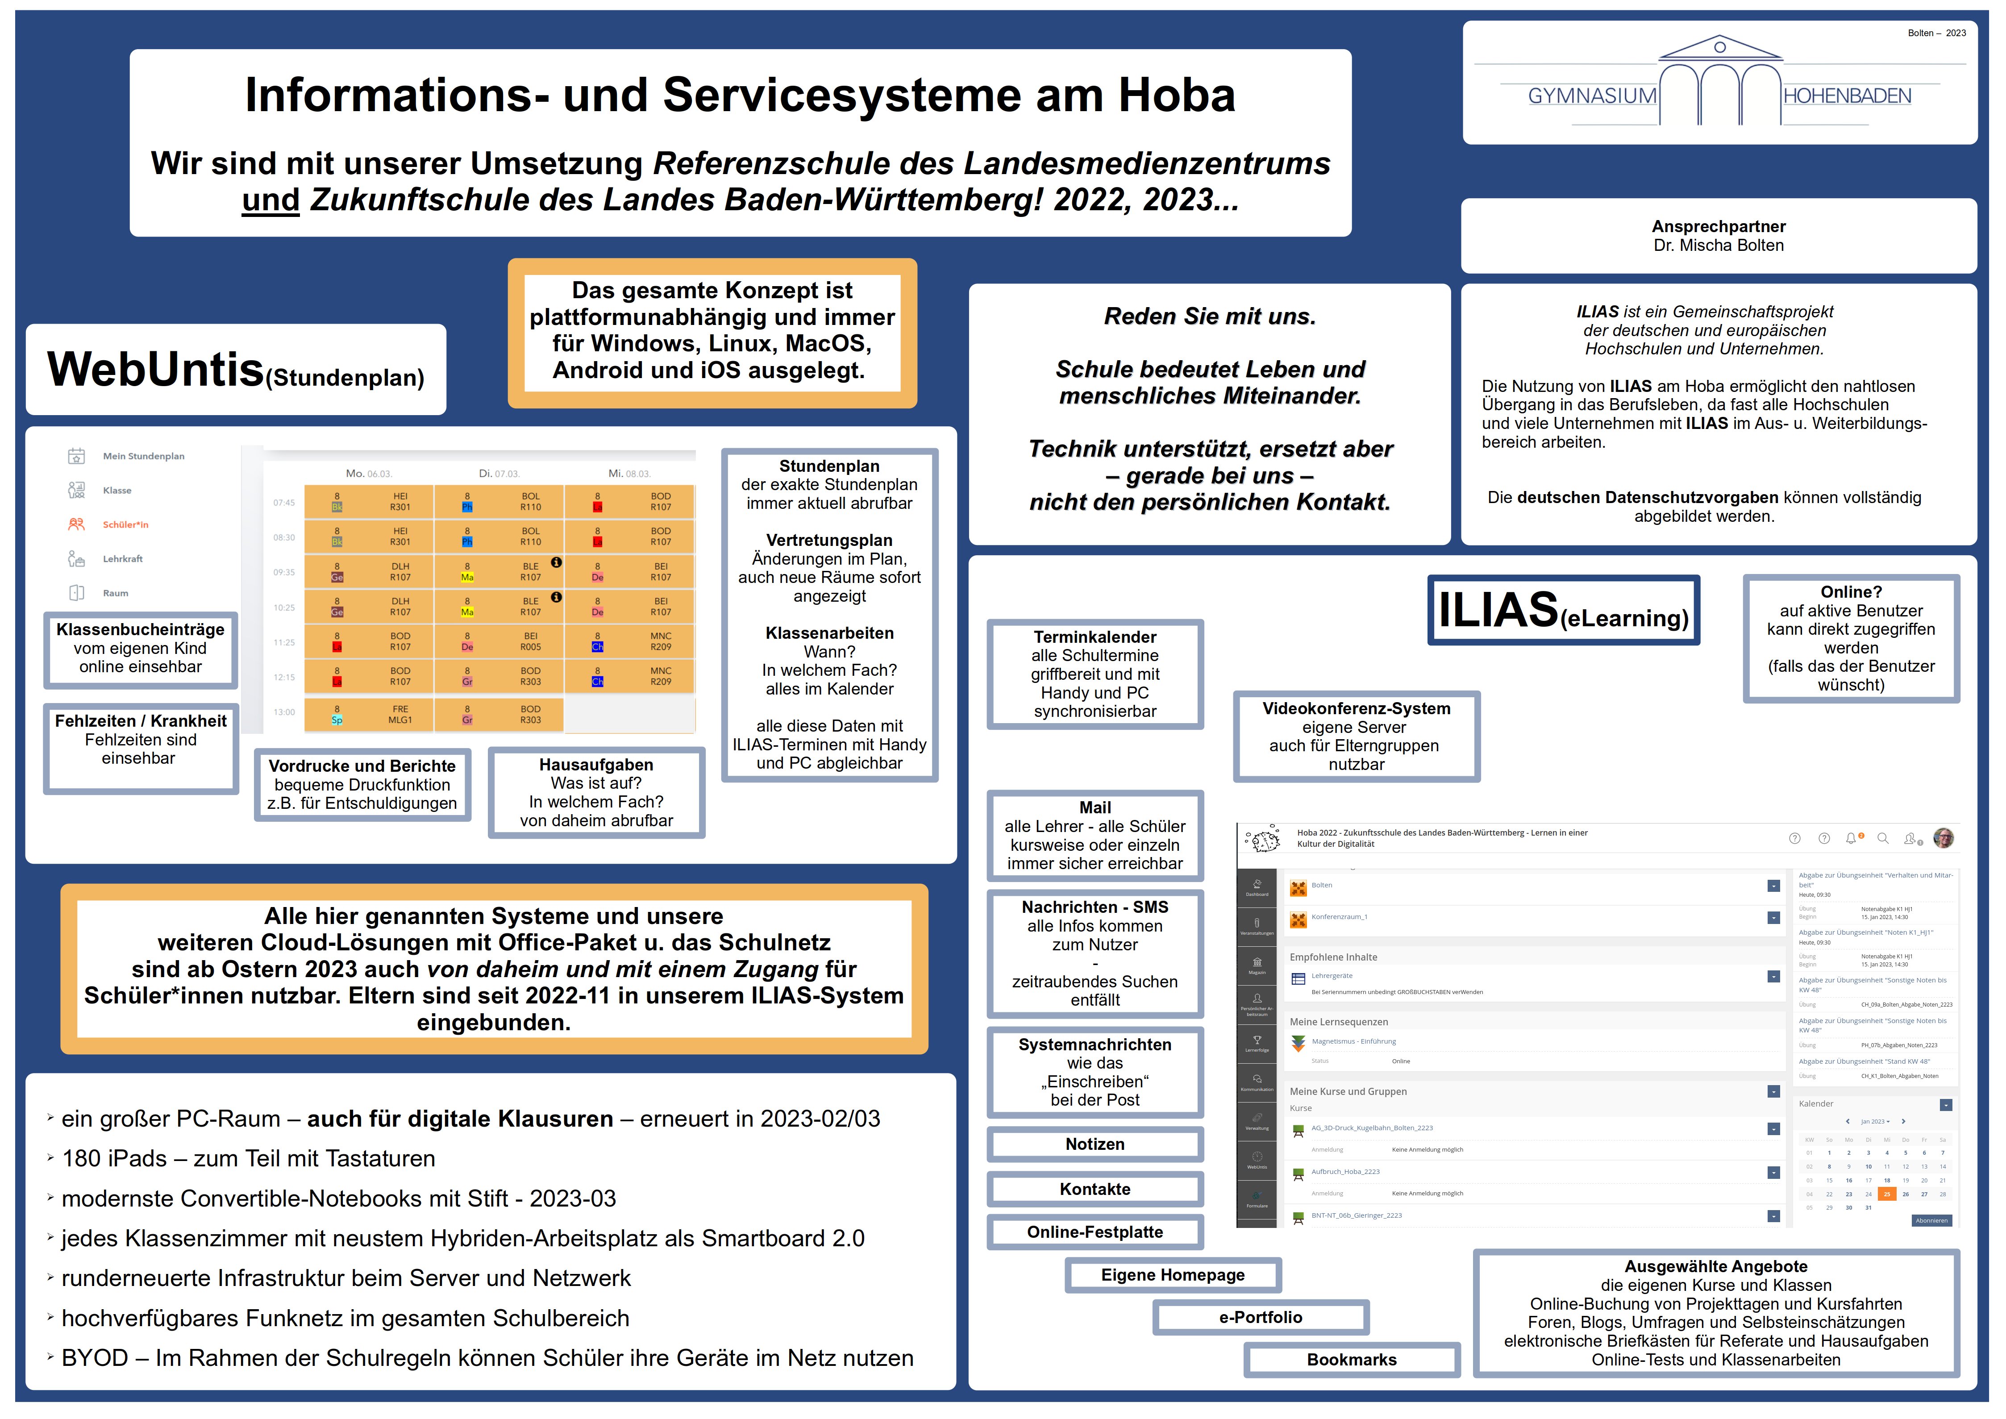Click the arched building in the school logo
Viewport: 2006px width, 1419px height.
[x=1719, y=83]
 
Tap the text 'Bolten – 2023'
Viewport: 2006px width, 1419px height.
[x=1936, y=33]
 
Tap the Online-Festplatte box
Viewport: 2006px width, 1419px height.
[x=1095, y=1232]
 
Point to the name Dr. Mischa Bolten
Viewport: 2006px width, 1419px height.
[x=1718, y=246]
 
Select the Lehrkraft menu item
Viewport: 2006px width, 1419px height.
[x=122, y=559]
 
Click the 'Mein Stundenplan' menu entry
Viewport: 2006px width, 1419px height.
[x=143, y=456]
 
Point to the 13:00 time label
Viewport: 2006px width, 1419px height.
[x=284, y=712]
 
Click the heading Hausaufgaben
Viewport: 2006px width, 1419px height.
[x=596, y=765]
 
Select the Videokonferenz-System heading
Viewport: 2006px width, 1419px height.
[x=1356, y=709]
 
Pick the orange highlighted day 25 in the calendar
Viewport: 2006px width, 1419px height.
[x=1886, y=1194]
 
